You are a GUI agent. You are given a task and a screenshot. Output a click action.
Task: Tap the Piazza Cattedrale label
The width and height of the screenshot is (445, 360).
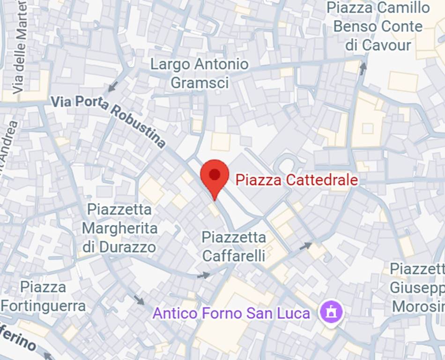(296, 180)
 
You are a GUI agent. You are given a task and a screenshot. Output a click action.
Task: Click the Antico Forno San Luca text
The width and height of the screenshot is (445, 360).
(231, 313)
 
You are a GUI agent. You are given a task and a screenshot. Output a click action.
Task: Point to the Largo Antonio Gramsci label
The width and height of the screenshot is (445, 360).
(199, 73)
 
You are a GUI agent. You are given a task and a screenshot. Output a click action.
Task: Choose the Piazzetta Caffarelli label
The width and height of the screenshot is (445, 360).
(234, 246)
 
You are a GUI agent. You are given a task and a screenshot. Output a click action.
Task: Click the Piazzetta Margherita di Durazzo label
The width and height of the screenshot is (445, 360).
(119, 228)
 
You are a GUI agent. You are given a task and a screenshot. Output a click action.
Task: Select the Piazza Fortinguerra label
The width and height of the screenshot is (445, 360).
(43, 296)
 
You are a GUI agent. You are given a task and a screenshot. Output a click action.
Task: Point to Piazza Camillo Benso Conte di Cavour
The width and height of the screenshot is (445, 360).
(378, 26)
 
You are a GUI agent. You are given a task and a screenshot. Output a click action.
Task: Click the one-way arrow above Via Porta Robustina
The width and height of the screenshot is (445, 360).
(112, 87)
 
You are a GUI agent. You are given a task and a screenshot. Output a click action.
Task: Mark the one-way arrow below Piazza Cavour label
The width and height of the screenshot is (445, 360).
(363, 68)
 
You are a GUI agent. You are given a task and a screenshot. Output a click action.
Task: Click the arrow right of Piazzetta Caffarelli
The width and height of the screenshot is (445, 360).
(305, 245)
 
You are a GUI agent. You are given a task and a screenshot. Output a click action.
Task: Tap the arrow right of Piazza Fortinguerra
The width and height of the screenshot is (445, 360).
(139, 300)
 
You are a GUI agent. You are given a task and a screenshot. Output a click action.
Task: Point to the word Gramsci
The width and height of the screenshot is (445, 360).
(200, 82)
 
